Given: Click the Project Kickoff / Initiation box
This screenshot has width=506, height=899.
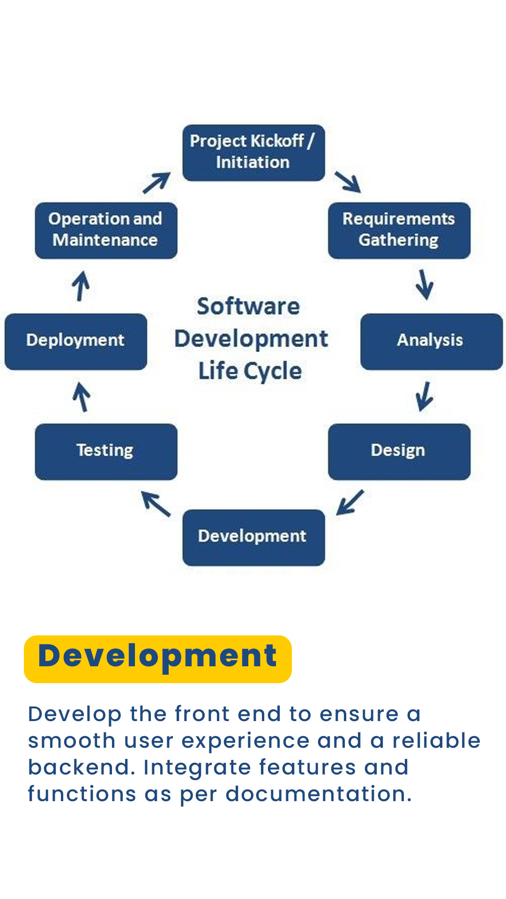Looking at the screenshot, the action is pyautogui.click(x=253, y=153).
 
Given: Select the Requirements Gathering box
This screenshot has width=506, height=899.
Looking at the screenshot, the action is pyautogui.click(x=399, y=230).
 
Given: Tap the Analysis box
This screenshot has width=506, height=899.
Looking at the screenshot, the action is pyautogui.click(x=432, y=342).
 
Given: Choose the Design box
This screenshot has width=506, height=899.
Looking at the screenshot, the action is pyautogui.click(x=399, y=452).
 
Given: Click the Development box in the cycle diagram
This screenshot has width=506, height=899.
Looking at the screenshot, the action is pyautogui.click(x=253, y=538).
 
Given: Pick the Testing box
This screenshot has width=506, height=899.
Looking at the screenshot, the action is pyautogui.click(x=106, y=452).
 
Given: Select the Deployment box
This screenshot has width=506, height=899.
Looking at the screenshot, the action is pyautogui.click(x=75, y=342).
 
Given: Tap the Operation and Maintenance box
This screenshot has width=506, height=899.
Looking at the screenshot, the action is pyautogui.click(x=106, y=230).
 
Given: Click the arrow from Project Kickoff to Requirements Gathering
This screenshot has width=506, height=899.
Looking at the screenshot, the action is pyautogui.click(x=348, y=182).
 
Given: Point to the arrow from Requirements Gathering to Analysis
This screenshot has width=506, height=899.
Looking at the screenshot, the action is pyautogui.click(x=424, y=285).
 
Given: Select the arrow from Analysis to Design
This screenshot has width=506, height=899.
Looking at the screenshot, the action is pyautogui.click(x=424, y=397).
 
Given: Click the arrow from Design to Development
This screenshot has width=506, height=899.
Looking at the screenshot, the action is pyautogui.click(x=350, y=502).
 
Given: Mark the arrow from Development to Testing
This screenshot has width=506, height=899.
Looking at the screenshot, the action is pyautogui.click(x=156, y=504).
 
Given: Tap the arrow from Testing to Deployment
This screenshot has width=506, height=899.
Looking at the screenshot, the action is pyautogui.click(x=82, y=397).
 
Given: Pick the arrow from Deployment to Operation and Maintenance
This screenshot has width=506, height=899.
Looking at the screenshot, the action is pyautogui.click(x=81, y=286).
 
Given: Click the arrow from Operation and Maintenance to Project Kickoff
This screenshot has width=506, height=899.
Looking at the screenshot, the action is pyautogui.click(x=156, y=183).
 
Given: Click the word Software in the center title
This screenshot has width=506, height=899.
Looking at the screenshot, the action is pyautogui.click(x=248, y=307).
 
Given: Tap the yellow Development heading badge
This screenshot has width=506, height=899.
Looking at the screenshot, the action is pyautogui.click(x=158, y=659).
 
